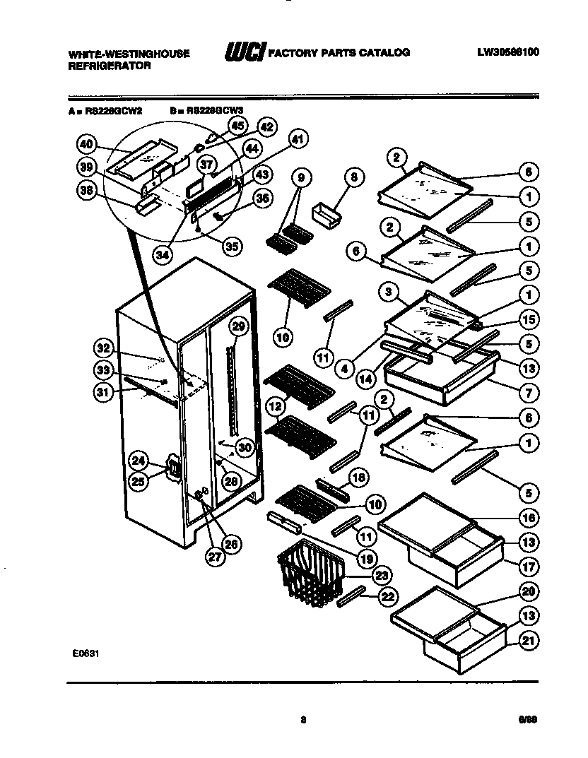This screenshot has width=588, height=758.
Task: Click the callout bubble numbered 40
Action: pos(86,144)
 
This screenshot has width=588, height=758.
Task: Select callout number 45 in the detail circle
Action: pos(237,126)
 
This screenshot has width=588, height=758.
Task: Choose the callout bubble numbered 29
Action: pos(238,326)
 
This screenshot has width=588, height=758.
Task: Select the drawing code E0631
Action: pos(84,653)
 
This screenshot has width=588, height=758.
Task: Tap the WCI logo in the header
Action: pos(244,52)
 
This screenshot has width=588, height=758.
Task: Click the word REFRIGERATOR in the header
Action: pos(110,65)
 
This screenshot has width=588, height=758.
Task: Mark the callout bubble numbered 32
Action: pos(104,347)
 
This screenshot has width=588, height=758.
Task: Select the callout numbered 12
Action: pos(275,405)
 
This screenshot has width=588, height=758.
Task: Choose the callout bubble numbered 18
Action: pos(358,478)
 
